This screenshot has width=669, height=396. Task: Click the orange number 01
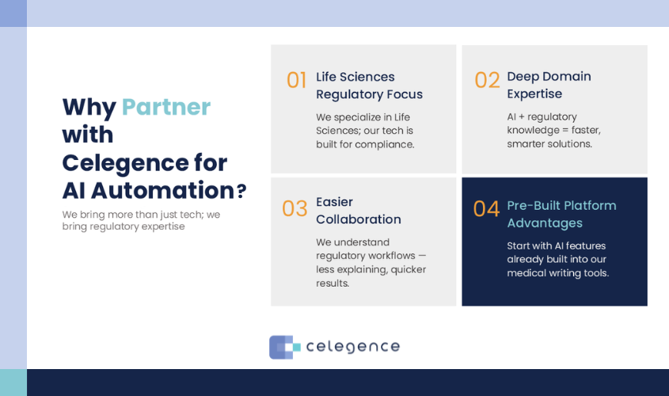(297, 80)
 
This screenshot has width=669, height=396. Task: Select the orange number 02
(487, 80)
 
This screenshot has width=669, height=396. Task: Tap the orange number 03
(295, 208)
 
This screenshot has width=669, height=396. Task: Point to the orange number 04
(486, 209)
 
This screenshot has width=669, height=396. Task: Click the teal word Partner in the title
(166, 107)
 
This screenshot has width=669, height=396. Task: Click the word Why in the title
(89, 108)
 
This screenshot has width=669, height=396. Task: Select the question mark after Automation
(241, 191)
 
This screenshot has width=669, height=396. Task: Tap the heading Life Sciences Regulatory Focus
(370, 86)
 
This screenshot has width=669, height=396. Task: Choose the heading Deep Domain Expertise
(549, 85)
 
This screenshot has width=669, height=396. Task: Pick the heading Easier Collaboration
(359, 211)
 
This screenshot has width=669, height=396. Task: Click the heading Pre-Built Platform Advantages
(561, 214)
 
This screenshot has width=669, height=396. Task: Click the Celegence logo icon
(284, 347)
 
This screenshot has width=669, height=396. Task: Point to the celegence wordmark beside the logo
(353, 347)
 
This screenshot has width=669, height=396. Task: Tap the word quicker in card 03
(409, 270)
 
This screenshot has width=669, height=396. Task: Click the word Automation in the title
(162, 190)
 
